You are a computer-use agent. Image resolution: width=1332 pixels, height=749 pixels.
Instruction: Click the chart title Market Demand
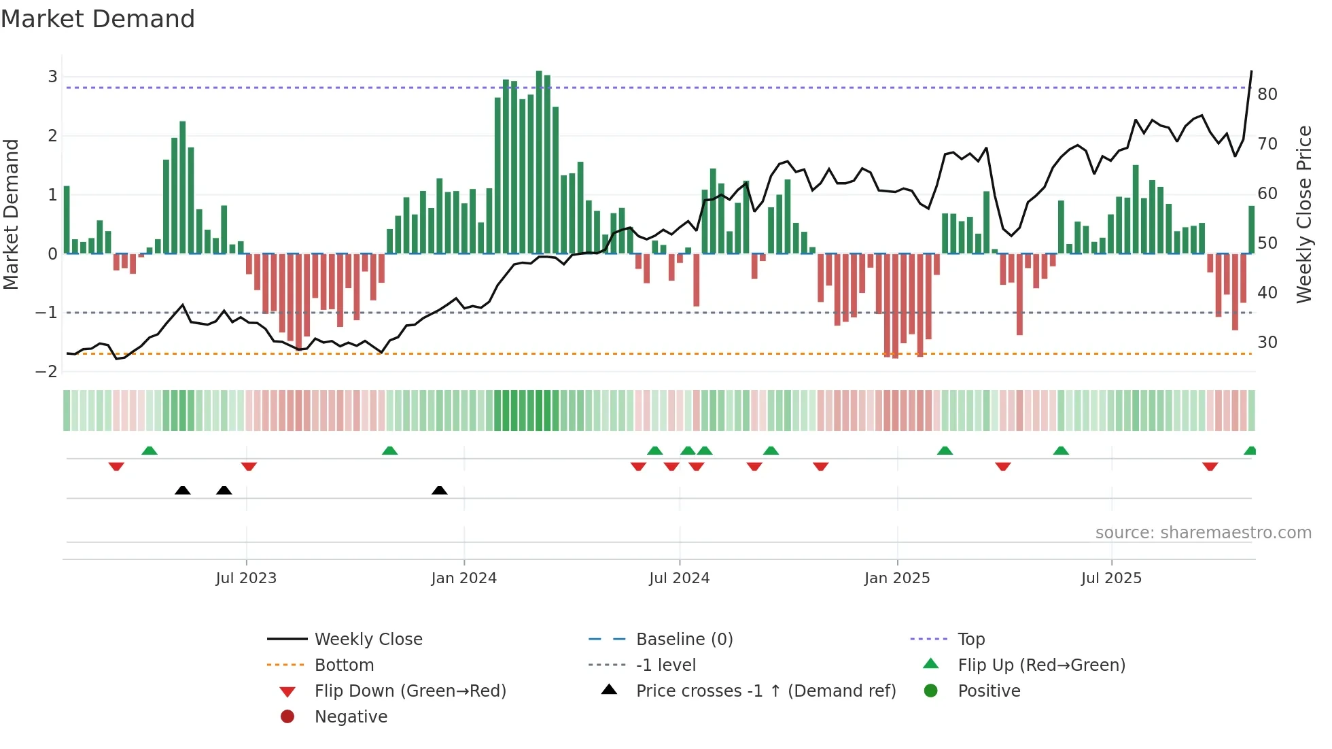point(98,19)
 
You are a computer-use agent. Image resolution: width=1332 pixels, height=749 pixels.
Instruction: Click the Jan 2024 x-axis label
point(463,578)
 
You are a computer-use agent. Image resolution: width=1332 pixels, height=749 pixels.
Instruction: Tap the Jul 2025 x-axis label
point(1111,578)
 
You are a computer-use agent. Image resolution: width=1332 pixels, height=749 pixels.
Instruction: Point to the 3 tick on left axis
point(52,77)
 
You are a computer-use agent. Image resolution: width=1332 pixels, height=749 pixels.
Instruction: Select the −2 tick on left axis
point(47,372)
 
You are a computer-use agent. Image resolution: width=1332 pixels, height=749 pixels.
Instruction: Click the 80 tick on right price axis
point(1267,94)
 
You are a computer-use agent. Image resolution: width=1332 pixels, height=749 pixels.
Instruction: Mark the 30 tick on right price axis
point(1267,343)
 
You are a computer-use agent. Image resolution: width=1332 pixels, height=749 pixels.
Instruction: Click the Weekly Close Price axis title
point(1303,214)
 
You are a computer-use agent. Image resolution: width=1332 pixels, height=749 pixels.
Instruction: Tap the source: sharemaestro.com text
point(1203,532)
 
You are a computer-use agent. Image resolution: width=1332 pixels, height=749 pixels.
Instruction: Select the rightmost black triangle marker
point(440,490)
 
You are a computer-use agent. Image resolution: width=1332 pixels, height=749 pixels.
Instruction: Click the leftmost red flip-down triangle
point(116,466)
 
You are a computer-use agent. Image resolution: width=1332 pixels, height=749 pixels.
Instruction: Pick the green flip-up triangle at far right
point(1250,451)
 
